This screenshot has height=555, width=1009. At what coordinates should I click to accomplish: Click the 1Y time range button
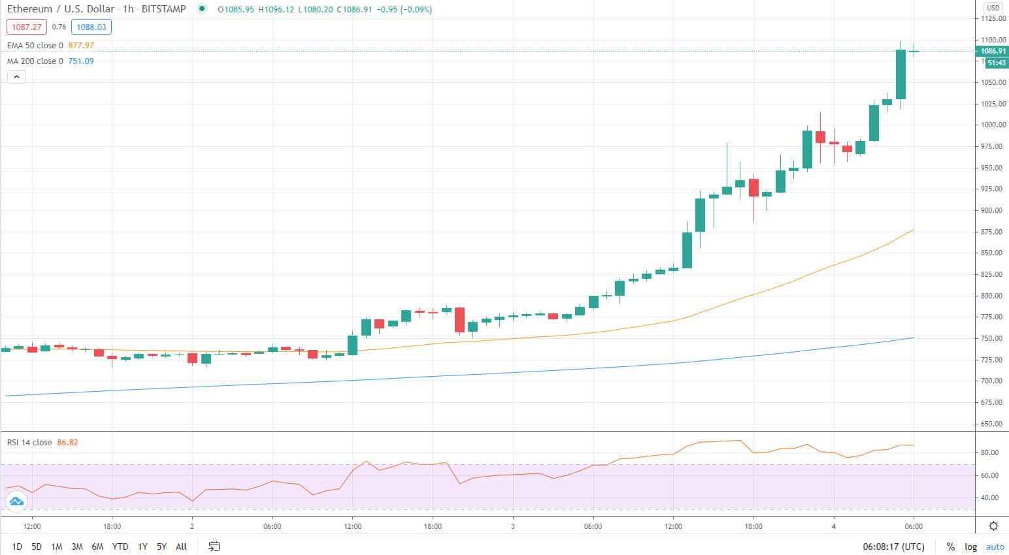tap(142, 547)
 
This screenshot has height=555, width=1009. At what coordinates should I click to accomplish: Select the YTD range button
tap(120, 547)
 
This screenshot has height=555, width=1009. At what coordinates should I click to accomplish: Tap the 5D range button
tap(37, 547)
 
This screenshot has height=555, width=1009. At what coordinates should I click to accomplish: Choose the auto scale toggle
tap(995, 547)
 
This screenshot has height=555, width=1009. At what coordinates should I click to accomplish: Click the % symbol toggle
tap(950, 547)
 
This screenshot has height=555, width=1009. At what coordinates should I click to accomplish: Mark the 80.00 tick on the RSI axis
tap(989, 452)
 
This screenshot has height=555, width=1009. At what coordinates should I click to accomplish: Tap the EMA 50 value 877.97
tap(81, 46)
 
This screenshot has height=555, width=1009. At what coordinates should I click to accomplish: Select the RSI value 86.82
tap(67, 443)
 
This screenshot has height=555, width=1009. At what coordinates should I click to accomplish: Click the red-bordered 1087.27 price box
tap(27, 27)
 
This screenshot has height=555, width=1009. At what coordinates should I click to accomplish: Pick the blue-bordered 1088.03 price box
tap(91, 27)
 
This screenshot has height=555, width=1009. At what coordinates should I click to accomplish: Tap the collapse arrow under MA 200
tap(16, 77)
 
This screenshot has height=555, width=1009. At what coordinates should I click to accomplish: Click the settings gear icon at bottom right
tap(993, 526)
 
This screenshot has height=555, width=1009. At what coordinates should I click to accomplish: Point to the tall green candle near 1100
tap(901, 74)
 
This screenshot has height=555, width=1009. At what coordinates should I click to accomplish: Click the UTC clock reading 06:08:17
tap(893, 547)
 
